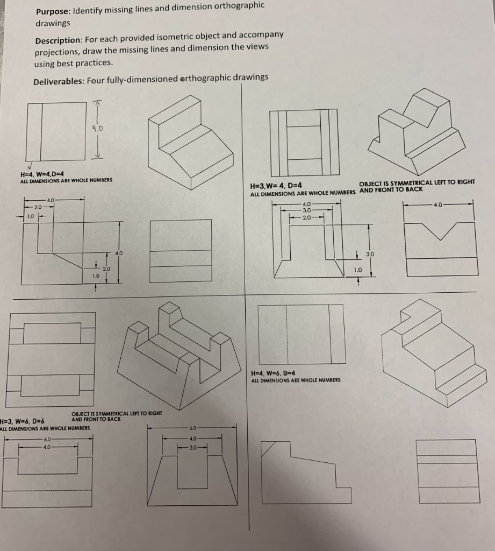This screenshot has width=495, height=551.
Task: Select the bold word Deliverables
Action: coord(58,81)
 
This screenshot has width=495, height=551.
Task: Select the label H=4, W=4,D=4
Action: coord(42,174)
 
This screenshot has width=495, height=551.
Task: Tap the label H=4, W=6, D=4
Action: coord(273,373)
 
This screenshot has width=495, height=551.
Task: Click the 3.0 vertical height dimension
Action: coord(370,253)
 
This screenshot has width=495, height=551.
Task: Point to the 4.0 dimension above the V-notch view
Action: coord(438,204)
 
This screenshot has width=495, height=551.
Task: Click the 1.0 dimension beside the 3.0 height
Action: coord(357,269)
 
